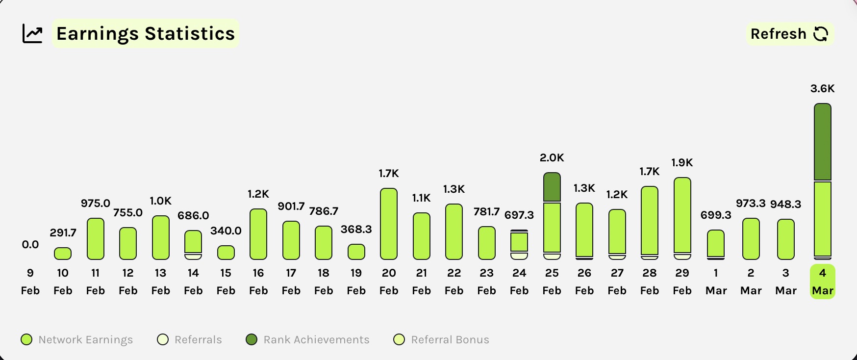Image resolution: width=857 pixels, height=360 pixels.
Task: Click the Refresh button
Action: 789,34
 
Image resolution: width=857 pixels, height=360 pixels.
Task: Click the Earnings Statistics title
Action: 146,34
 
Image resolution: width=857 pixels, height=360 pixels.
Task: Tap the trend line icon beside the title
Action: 33,34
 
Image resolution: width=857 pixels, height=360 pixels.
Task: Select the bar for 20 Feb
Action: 389,224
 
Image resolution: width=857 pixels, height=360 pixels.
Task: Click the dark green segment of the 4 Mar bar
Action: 822,142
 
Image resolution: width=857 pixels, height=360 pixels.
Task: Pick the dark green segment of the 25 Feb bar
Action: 552,187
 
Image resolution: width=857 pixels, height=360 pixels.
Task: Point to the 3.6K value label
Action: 822,89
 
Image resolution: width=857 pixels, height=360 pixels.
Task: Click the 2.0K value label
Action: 552,158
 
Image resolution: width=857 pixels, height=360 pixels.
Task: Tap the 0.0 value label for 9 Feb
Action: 30,244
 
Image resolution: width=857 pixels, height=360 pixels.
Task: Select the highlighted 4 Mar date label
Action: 822,282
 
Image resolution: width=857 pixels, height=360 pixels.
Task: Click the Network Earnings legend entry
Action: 77,339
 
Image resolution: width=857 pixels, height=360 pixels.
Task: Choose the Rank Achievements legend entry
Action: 307,339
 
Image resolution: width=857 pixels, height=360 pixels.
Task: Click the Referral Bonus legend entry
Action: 441,339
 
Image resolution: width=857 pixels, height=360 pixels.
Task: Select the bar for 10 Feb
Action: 63,253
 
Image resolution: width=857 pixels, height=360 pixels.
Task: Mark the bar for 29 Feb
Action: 682,216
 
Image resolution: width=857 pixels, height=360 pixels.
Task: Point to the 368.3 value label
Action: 356,230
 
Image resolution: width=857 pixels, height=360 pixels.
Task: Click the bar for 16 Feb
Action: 258,234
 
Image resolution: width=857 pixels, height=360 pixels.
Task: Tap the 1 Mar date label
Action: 716,282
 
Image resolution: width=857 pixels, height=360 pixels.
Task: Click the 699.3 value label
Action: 716,215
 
